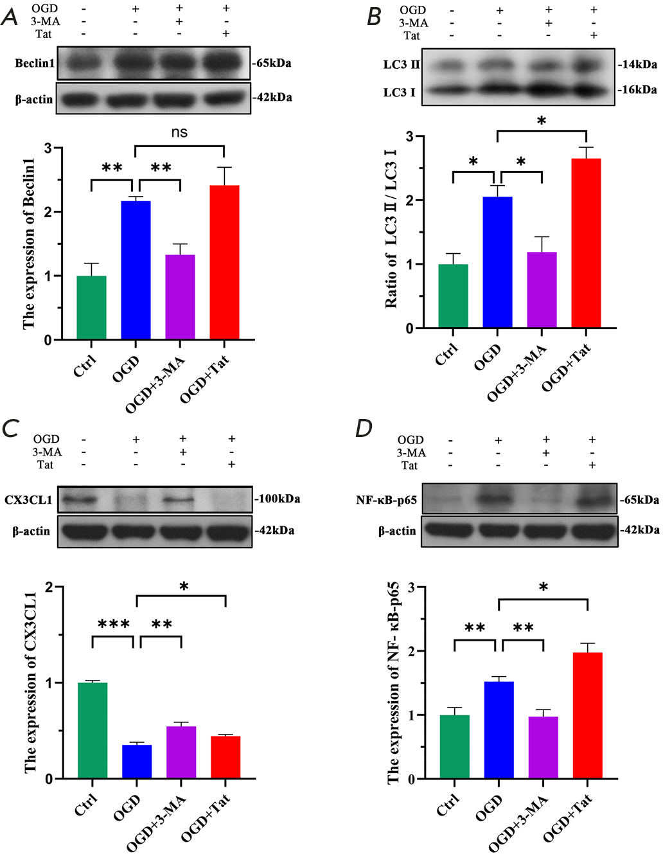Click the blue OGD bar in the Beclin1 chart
point(136,270)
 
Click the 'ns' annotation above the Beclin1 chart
point(179,132)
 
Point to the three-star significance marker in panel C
point(114,624)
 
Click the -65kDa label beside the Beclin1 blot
point(272,63)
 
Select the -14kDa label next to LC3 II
point(637,64)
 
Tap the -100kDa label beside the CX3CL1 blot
point(278,499)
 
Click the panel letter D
point(364,429)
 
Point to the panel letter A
point(10,17)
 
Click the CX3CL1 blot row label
point(28,499)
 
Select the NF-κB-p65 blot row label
point(386,500)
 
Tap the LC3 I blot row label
point(399,93)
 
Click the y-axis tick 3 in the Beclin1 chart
point(48,148)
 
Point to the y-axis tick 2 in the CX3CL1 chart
point(49,587)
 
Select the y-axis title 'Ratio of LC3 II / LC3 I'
point(391,229)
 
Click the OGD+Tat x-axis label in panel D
point(567,818)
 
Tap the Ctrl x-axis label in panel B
point(446,354)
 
